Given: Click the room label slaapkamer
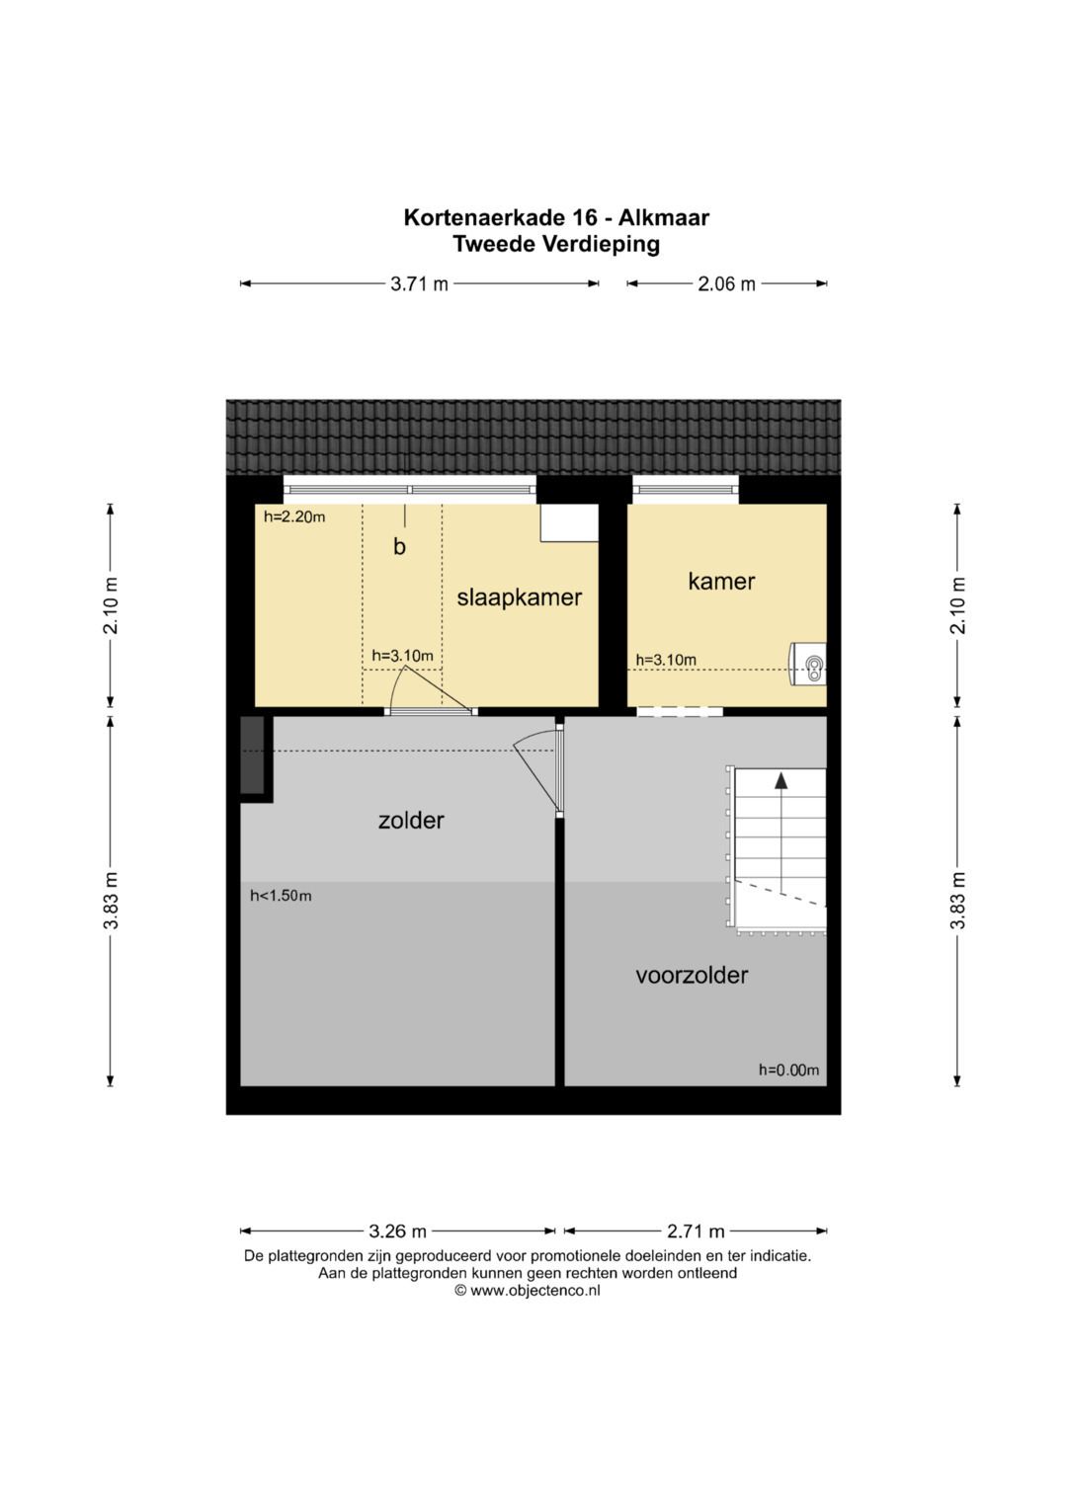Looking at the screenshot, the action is [519, 597].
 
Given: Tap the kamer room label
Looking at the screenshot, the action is [721, 581].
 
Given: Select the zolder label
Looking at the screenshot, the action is [411, 820].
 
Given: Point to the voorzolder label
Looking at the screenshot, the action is [692, 975].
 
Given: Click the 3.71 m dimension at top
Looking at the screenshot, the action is [419, 284].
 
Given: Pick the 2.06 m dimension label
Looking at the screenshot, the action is [726, 284].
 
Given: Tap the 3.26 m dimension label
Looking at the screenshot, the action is [397, 1231].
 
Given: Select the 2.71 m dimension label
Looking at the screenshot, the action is [696, 1231].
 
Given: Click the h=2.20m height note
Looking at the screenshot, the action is [294, 517].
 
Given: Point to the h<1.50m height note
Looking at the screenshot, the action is [281, 896].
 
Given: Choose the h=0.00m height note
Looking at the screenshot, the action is [788, 1070].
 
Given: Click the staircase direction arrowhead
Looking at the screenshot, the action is [780, 780].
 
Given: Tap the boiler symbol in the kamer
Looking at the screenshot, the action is [808, 664].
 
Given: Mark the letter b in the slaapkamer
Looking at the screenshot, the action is [399, 547].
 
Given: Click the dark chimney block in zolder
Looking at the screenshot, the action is [253, 754].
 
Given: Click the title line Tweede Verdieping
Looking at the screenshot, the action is [555, 244].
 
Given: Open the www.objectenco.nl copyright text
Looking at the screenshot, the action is [528, 1291].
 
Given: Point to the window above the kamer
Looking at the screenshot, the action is [685, 490].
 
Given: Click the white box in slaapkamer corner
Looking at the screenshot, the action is [569, 521].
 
